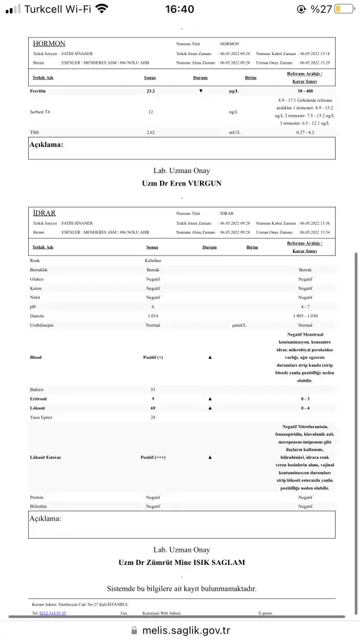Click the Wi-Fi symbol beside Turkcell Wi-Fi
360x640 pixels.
coord(101,9)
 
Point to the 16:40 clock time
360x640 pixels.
coord(179,9)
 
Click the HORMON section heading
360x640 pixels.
coord(49,44)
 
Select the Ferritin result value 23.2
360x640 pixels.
coord(151,91)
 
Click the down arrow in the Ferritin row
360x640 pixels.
coord(201,91)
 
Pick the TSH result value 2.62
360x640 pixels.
coord(151,132)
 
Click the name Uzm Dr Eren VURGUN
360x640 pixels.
coord(182,183)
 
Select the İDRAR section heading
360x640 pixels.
coord(44,213)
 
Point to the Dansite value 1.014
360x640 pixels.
coord(152,316)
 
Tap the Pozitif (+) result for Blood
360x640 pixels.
coord(152,357)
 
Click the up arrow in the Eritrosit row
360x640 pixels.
coord(209,398)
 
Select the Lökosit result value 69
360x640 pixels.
coord(152,407)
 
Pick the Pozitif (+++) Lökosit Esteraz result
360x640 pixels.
coord(152,457)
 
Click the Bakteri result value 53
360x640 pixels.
coord(152,389)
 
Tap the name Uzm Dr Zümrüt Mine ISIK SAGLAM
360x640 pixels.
coord(182,562)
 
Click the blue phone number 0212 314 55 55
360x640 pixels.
coord(52,613)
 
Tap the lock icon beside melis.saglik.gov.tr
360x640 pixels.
coord(134,631)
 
